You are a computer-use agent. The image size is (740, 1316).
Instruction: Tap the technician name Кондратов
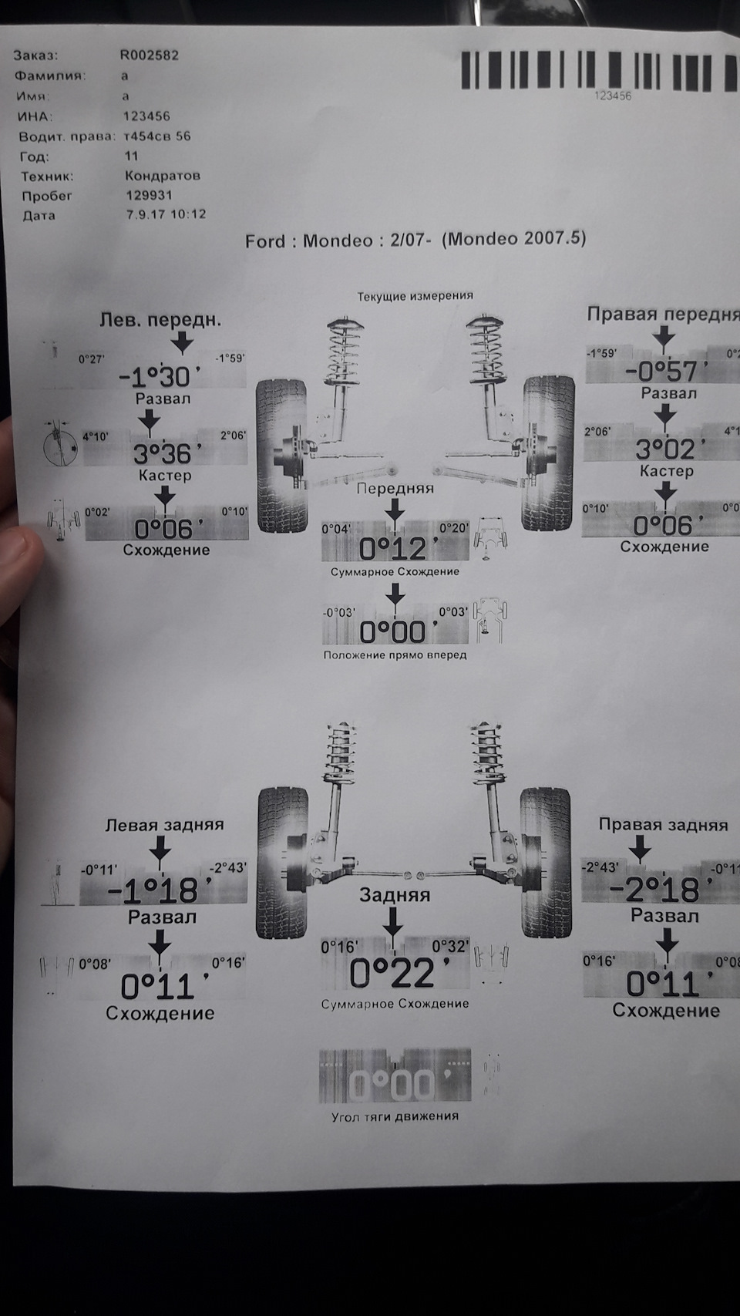[162, 176]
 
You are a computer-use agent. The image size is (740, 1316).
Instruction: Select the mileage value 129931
[148, 196]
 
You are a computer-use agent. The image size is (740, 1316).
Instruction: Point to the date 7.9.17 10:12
[165, 215]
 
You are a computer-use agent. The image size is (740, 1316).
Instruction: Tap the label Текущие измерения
[415, 295]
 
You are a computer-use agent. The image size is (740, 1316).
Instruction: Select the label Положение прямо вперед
[395, 655]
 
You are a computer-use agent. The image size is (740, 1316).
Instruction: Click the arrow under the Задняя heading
[394, 922]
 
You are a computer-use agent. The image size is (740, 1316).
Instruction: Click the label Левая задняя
[164, 825]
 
